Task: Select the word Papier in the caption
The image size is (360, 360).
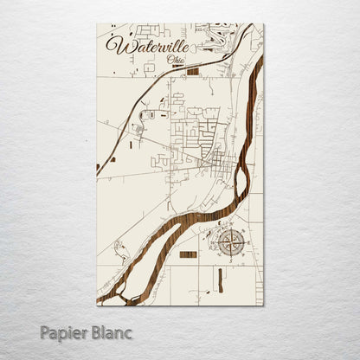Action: (62, 332)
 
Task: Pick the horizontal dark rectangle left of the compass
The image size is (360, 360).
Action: (188, 254)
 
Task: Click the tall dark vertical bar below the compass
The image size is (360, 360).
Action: (220, 279)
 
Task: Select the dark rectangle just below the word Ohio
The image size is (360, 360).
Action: (192, 71)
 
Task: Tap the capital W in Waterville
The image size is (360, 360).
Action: (114, 43)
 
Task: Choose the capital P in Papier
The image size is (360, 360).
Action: (45, 331)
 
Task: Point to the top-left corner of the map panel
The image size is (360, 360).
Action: (97, 23)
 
